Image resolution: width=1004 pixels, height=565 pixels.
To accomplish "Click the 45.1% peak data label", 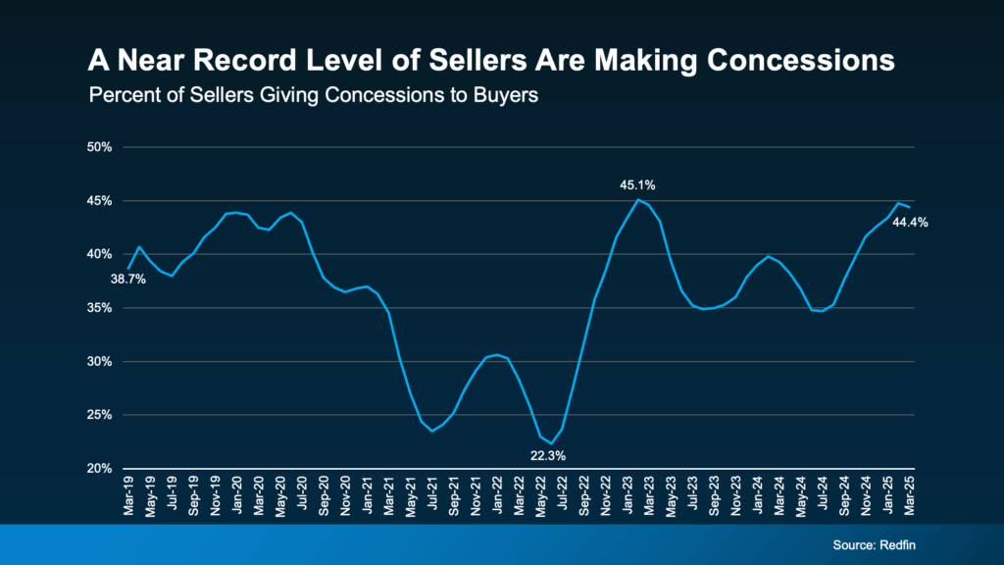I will click(636, 184).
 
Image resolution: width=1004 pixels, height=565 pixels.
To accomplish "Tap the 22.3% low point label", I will click(548, 455).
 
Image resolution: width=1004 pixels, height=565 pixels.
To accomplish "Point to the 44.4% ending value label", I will click(909, 223).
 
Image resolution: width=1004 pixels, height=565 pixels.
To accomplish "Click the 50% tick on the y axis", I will click(101, 147).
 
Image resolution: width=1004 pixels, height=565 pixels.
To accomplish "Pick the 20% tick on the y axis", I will click(101, 469).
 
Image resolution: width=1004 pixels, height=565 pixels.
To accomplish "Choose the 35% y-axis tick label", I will click(101, 308).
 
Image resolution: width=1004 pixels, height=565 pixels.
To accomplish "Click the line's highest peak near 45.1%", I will click(638, 200).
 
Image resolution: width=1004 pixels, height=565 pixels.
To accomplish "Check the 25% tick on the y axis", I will click(101, 415).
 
